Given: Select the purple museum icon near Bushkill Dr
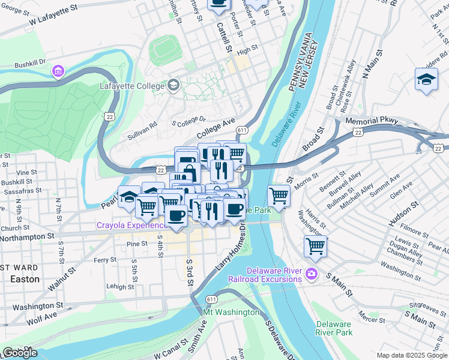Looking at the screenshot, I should coord(58,72).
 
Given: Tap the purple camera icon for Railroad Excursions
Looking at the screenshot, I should coord(311,274).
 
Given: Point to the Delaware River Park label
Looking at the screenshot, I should coord(334,328).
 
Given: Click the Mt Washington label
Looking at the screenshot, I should coord(232,313).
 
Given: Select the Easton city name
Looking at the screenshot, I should coord(25,279).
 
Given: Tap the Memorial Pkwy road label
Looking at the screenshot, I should coord(372,121).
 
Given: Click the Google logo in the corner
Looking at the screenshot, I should coord(20,353).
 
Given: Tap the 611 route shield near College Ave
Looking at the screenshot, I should coord(243,130).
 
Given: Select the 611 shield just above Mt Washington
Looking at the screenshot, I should coord(211,299).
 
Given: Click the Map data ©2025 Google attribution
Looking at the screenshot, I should coord(411,355).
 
